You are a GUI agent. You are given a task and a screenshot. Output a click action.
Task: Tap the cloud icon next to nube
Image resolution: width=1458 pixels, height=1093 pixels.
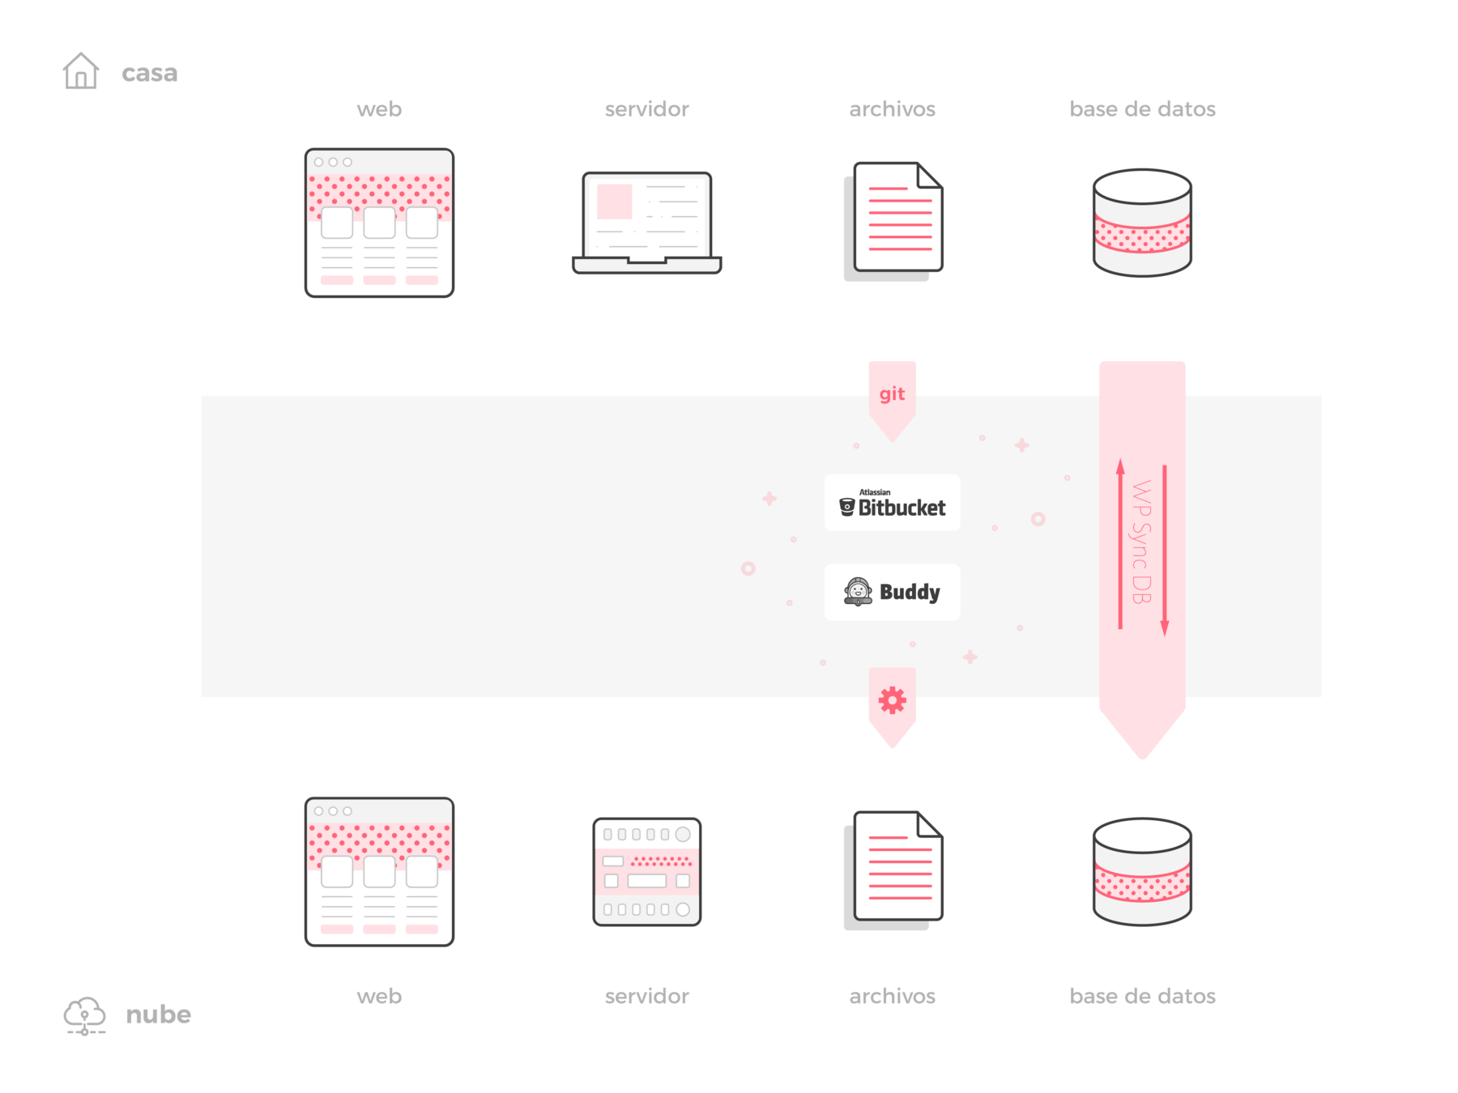click(x=84, y=1015)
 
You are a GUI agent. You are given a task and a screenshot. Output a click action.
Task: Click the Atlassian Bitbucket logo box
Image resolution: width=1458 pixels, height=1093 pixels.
click(x=892, y=503)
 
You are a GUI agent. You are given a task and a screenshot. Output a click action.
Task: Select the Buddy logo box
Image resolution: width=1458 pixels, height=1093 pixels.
click(x=892, y=592)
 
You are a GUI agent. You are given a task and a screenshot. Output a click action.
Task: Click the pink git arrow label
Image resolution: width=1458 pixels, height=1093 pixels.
click(x=892, y=394)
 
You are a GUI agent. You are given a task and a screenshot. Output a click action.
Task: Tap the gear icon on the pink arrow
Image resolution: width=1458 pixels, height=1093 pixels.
click(x=892, y=700)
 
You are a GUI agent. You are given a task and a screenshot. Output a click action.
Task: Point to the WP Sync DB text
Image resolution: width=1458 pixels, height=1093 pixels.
click(x=1141, y=542)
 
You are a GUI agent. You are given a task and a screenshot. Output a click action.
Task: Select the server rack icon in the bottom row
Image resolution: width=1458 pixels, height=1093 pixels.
click(x=646, y=871)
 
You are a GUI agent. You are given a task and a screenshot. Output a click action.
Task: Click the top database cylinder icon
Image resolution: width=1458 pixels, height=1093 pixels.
click(x=1142, y=223)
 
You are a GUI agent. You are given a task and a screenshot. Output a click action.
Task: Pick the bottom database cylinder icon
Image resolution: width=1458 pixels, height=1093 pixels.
click(x=1142, y=871)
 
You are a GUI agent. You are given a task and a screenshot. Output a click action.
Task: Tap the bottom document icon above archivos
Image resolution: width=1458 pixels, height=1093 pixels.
click(x=895, y=869)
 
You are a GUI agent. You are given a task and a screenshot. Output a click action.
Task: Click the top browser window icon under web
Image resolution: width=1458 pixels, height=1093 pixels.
click(x=379, y=223)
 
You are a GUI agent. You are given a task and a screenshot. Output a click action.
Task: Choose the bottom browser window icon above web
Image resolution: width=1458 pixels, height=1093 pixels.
click(x=379, y=871)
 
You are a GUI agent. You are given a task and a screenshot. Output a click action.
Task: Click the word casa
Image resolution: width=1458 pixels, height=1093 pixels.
click(x=149, y=73)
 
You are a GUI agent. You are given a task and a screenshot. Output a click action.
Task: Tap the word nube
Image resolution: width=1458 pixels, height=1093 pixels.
click(x=159, y=1014)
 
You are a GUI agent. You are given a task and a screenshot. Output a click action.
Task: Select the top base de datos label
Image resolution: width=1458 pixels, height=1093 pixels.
click(x=1142, y=109)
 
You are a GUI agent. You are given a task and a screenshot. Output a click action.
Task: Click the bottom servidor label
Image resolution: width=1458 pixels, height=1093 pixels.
click(x=646, y=997)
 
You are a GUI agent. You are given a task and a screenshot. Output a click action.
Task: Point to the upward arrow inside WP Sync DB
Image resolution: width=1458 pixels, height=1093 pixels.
click(x=1120, y=543)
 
